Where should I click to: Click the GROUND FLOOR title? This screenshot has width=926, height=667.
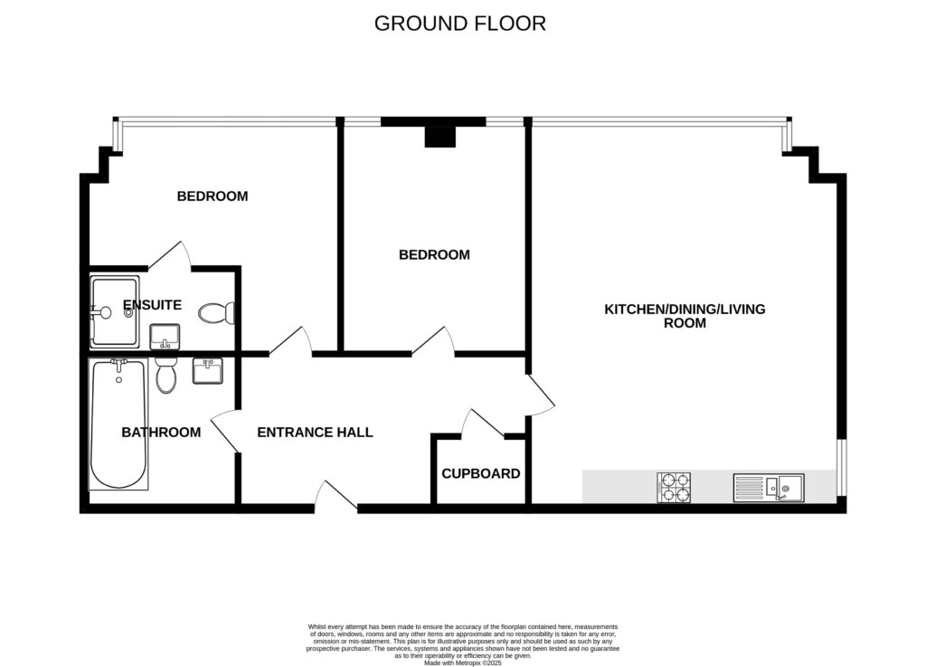(459, 24)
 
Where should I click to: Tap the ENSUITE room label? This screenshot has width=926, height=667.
(152, 305)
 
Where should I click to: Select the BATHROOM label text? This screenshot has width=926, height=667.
(161, 433)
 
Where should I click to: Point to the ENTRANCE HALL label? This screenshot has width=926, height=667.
(315, 433)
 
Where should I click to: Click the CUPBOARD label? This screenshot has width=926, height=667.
(480, 473)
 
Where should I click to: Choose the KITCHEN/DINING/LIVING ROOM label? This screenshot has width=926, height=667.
(685, 316)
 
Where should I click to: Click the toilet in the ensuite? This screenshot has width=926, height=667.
(217, 313)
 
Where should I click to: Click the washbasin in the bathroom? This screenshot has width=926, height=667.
(207, 371)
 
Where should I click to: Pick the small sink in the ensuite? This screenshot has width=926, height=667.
(165, 337)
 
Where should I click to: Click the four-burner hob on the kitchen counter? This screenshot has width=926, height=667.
(674, 488)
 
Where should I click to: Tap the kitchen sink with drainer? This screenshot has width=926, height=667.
(769, 488)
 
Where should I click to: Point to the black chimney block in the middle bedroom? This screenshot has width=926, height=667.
(440, 135)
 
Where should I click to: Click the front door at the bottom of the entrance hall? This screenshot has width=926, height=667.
(335, 497)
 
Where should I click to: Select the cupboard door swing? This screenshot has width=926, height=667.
(482, 423)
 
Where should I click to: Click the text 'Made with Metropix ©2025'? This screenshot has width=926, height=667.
(462, 663)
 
